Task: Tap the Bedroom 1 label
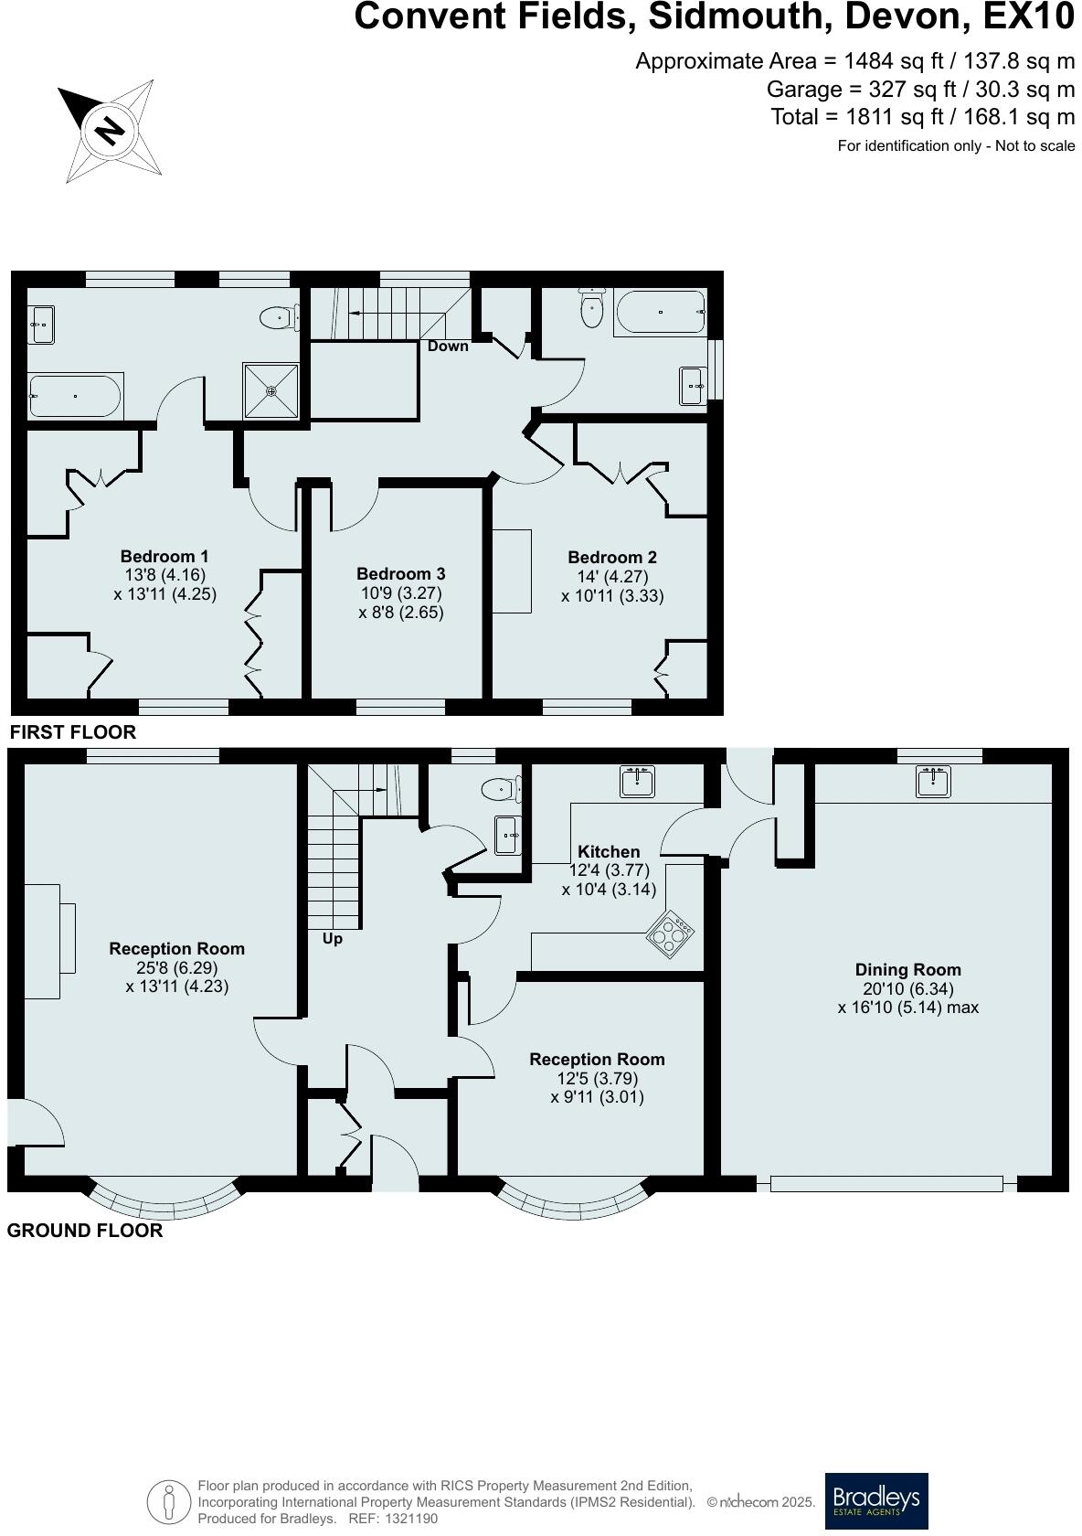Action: pos(164,557)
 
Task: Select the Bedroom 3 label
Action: pos(400,574)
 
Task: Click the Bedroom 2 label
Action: pos(611,558)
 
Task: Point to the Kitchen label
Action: pos(609,851)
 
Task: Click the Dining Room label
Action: pos(907,970)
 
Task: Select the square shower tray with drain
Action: pos(271,391)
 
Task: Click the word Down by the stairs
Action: pos(448,347)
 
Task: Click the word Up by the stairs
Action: pos(333,939)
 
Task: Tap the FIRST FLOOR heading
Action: pos(72,732)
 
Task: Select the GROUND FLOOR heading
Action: pos(85,1231)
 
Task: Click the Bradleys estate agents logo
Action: pos(875,1500)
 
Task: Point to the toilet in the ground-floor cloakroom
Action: pos(501,788)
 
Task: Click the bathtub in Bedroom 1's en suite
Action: pos(74,397)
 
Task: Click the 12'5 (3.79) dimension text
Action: pos(598,1079)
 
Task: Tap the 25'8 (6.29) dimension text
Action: pos(176,968)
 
